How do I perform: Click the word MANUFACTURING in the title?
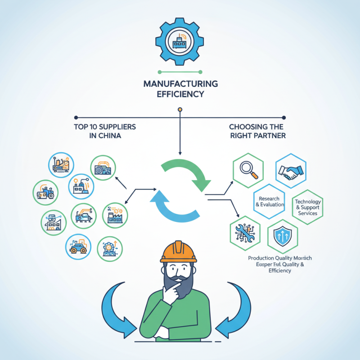click(x=180, y=84)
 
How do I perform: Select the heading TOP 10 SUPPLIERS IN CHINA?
click(x=104, y=131)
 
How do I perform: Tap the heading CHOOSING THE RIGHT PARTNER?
click(x=257, y=131)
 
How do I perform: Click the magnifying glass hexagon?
click(x=248, y=170)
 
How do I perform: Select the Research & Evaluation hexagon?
click(x=270, y=201)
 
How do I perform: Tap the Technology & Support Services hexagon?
click(x=308, y=207)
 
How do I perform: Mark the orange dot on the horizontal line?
click(x=180, y=109)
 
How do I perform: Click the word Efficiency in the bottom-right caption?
click(x=279, y=271)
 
